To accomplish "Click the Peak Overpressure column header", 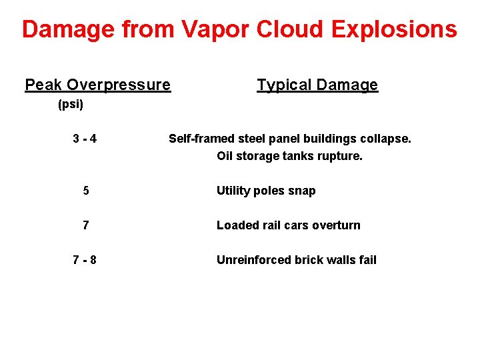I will pos(97,85).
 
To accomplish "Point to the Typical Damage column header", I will pos(317,85).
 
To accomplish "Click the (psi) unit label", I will pos(70,105).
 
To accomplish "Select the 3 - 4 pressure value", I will pos(85,139).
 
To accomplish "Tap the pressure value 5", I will pos(86,191).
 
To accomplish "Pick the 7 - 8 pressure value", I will pos(85,260).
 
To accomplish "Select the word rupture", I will pos(340,156).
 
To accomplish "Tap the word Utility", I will pos(233,191).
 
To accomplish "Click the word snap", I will pos(303,191).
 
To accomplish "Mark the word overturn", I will pos(335,225).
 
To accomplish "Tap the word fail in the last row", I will pos(367,260).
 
